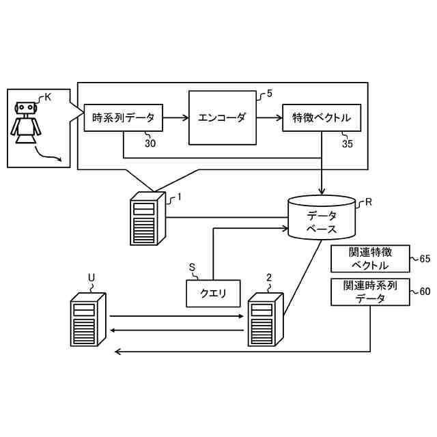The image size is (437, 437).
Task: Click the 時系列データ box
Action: [x=123, y=118]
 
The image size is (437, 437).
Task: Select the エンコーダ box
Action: [x=223, y=118]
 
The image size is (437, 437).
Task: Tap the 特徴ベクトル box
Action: [x=322, y=118]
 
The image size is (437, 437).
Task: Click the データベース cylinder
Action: [x=322, y=217]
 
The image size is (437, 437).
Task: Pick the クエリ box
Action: [x=213, y=294]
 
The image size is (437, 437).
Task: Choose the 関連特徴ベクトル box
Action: [x=370, y=259]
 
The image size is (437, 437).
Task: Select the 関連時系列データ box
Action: [x=370, y=292]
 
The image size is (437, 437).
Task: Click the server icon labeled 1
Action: [x=148, y=218]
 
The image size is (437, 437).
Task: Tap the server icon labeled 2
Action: [x=266, y=320]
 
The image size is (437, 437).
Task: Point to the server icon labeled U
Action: [x=88, y=320]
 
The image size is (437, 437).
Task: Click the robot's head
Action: [x=26, y=108]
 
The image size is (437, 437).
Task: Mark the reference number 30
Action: [x=150, y=143]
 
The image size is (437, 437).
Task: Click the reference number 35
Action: [x=348, y=144]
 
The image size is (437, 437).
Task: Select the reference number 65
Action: [x=425, y=259]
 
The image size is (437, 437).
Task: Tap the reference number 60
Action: [x=425, y=292]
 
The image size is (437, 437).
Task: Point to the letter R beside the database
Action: [x=369, y=202]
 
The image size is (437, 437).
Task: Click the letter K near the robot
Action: [x=48, y=97]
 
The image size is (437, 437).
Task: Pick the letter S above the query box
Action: [x=192, y=268]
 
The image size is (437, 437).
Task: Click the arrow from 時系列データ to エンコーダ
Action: [x=176, y=118]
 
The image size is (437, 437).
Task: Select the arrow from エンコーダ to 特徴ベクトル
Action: [x=270, y=118]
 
